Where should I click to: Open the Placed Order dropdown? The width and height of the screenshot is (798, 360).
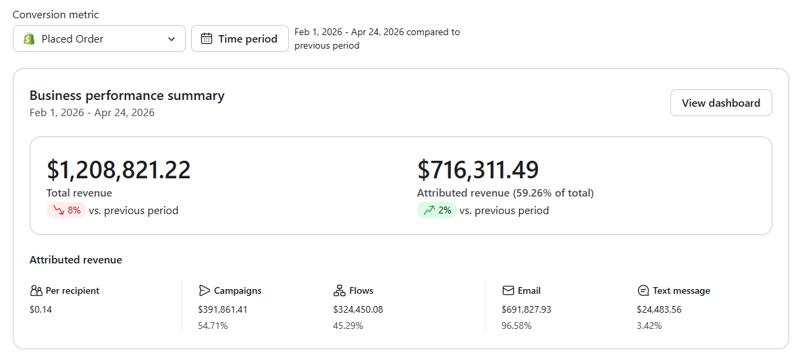click(x=99, y=38)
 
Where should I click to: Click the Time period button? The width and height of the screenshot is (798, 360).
click(x=240, y=38)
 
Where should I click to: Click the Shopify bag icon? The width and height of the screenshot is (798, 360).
click(x=29, y=38)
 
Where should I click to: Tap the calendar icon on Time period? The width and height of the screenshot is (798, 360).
click(x=206, y=38)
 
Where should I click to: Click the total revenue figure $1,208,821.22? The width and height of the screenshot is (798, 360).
click(x=119, y=170)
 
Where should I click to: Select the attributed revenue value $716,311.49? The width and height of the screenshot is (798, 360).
click(x=478, y=170)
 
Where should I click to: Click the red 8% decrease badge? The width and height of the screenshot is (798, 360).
click(x=67, y=210)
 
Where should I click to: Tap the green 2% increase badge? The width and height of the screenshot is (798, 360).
click(x=437, y=210)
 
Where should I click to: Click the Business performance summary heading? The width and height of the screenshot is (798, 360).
click(x=127, y=96)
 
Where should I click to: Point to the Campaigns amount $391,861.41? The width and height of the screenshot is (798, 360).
click(x=222, y=309)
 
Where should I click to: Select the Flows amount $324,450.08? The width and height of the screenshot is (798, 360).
click(x=358, y=309)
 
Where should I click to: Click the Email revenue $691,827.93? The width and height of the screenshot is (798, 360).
click(x=526, y=309)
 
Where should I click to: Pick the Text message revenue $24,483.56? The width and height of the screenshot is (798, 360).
click(x=659, y=309)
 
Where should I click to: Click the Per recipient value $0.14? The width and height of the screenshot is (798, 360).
click(x=41, y=309)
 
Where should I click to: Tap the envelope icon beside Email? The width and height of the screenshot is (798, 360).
click(x=508, y=290)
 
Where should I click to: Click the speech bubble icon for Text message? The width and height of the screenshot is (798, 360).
click(x=643, y=290)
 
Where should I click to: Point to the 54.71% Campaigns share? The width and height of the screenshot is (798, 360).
click(x=213, y=326)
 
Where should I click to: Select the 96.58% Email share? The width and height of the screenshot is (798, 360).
click(x=516, y=326)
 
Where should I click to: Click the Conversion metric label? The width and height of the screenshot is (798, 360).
click(x=56, y=15)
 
